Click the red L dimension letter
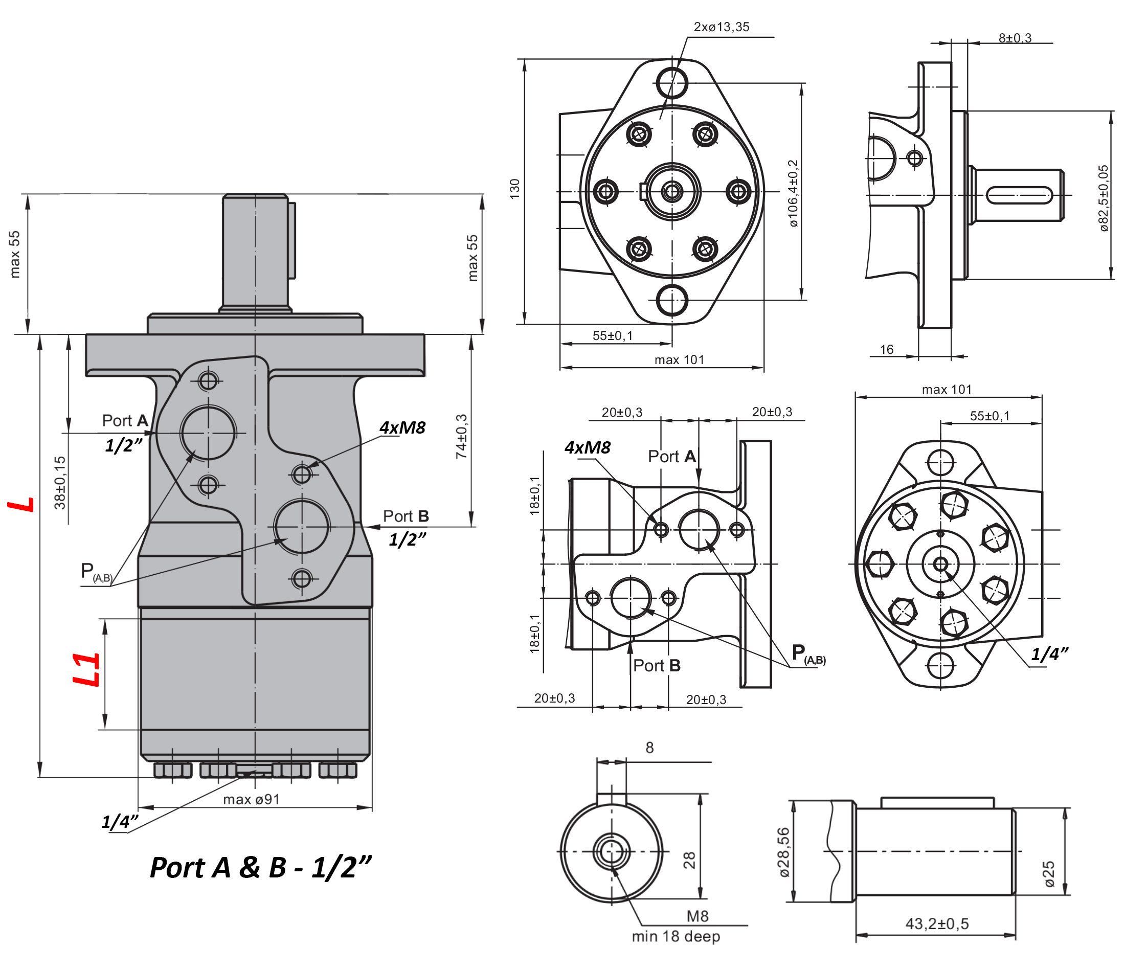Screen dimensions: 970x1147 [x=21, y=505]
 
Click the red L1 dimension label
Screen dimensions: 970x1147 [x=87, y=669]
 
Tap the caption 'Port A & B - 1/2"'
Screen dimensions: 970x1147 [x=260, y=868]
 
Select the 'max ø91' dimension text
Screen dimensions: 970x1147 [x=251, y=799]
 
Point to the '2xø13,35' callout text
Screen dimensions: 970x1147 [x=721, y=27]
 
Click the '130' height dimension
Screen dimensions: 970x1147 [x=514, y=189]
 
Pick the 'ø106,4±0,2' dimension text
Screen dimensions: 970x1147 [x=793, y=194]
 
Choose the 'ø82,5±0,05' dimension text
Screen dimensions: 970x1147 [x=1103, y=198]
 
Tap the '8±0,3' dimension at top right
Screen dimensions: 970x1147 [x=1015, y=38]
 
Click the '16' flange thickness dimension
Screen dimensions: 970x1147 [x=886, y=349]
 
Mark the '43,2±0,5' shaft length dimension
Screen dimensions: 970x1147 [x=936, y=923]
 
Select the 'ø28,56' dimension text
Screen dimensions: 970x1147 [x=783, y=852]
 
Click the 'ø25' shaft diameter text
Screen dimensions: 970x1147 [x=1049, y=874]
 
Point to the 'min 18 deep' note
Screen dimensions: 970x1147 [x=675, y=936]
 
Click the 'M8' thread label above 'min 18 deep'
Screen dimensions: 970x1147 [x=697, y=916]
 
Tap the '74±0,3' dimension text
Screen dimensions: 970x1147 [x=461, y=437]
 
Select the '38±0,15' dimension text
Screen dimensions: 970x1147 [x=59, y=483]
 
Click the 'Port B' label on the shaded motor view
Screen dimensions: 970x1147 [x=405, y=516]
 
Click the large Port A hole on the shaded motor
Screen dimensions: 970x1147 [x=208, y=433]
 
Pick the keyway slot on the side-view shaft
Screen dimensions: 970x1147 [x=1018, y=195]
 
